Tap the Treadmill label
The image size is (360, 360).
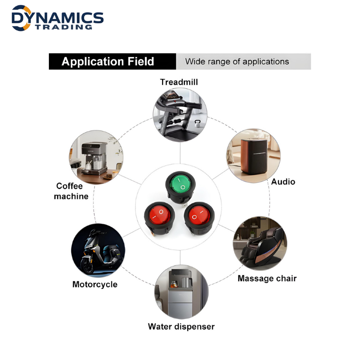(x=179, y=82)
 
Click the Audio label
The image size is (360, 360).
(x=283, y=182)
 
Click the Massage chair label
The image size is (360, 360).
(x=267, y=278)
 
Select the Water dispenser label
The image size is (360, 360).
(x=181, y=327)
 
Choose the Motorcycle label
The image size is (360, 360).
(x=95, y=284)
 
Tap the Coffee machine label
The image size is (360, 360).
(x=71, y=191)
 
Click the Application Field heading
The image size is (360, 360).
(x=108, y=62)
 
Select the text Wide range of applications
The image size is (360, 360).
(x=237, y=62)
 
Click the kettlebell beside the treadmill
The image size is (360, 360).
(x=197, y=123)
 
